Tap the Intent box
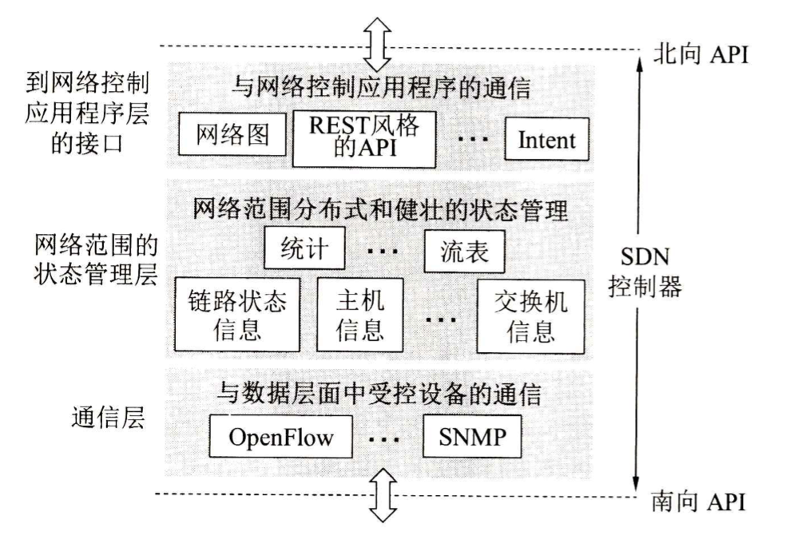pyautogui.click(x=546, y=140)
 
